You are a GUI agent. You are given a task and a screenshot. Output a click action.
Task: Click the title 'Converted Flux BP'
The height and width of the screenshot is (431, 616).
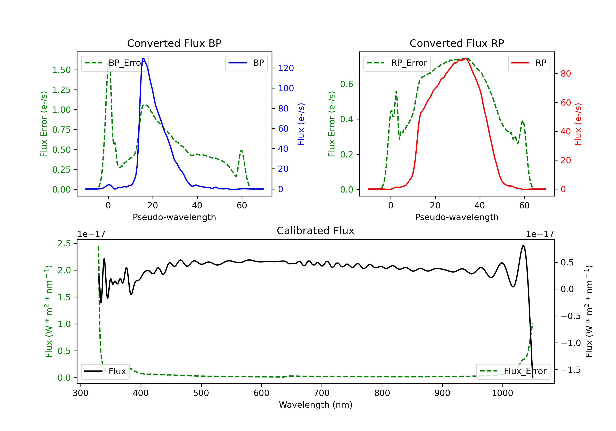coord(174,43)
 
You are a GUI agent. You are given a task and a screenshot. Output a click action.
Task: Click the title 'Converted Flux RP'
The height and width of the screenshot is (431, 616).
coord(457,43)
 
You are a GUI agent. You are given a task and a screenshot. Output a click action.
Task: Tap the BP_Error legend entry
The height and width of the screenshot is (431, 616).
coord(115,63)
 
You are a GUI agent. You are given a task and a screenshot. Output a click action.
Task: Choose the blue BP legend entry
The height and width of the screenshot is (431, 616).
coord(246,63)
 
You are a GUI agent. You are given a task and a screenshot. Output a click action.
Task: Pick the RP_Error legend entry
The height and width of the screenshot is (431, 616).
coord(397,63)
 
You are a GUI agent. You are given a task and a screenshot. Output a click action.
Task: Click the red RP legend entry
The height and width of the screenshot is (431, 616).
coord(529,63)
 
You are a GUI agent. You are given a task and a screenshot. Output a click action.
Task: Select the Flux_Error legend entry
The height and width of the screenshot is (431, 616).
coord(513,371)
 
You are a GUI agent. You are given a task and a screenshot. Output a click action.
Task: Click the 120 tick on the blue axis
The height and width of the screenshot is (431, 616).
coord(286,68)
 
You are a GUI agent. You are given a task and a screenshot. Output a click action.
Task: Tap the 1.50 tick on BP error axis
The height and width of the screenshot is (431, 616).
coord(61,70)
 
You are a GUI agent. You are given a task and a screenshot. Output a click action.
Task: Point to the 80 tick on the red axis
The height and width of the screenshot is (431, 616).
coord(565,74)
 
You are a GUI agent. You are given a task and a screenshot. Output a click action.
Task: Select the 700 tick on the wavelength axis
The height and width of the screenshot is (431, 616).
coord(321,393)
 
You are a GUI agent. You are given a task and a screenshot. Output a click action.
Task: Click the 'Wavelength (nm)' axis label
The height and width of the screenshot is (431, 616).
coord(316,405)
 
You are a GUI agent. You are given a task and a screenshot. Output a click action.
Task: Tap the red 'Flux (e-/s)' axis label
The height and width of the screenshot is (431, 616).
coord(578,124)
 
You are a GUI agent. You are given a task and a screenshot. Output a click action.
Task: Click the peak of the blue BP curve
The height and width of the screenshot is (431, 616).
coord(143,58)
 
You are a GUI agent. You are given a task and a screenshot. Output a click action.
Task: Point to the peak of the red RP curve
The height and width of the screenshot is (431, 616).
coord(465,58)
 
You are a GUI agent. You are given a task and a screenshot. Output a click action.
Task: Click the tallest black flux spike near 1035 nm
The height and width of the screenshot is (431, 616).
coord(523,246)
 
